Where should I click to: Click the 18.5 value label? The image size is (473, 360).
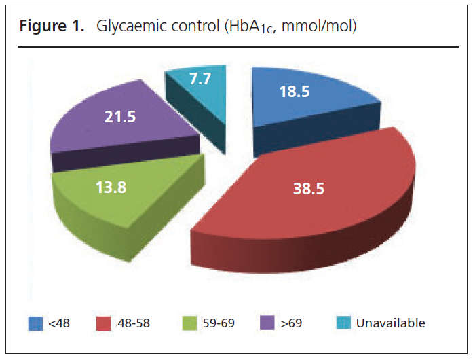point(294,92)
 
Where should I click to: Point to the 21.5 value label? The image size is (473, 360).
point(121,116)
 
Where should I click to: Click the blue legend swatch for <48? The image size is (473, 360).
point(35,323)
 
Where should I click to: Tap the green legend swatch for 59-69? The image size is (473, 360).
point(189,323)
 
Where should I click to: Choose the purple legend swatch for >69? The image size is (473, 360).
point(267,323)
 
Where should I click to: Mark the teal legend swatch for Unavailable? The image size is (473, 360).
point(343,323)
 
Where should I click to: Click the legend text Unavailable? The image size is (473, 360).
point(390,323)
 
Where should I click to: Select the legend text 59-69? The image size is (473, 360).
point(219,323)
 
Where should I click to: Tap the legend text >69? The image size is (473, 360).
point(290,323)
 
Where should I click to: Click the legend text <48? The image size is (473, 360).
point(58,323)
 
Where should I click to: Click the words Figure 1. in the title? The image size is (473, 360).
point(50,27)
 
